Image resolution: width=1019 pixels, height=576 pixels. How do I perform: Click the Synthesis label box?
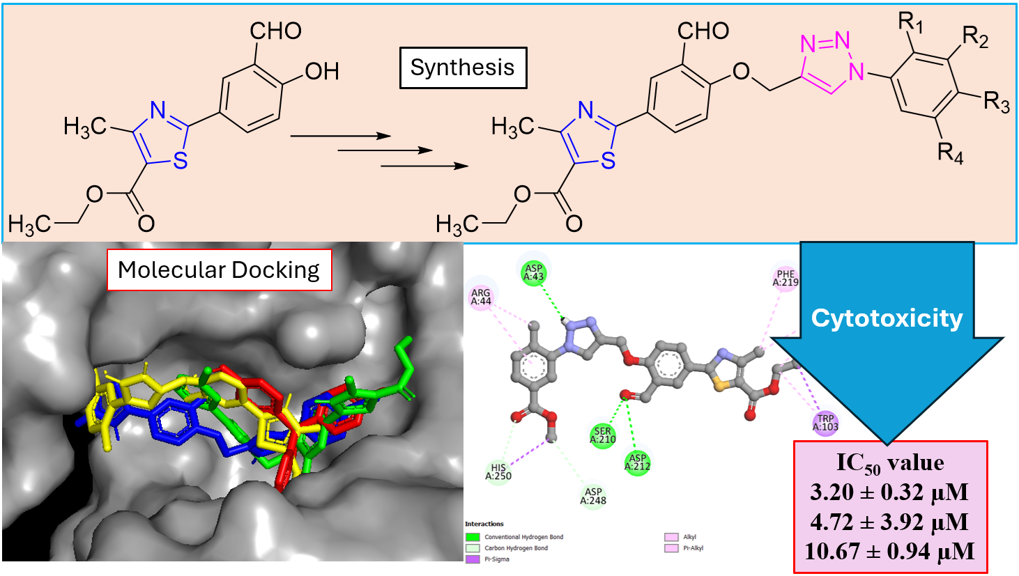[x=462, y=68]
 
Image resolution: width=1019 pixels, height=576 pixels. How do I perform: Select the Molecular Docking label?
[x=219, y=270]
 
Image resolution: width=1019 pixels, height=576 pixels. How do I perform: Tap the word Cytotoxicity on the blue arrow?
[x=887, y=318]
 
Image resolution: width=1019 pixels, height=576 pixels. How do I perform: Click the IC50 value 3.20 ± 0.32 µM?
[x=889, y=492]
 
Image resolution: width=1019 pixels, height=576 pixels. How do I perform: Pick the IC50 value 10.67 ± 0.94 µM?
[x=889, y=552]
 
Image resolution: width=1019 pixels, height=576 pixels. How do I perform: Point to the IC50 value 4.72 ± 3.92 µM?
[x=889, y=522]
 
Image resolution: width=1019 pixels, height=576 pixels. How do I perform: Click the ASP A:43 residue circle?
[x=534, y=272]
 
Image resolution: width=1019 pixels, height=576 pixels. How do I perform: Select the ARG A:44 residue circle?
[x=481, y=297]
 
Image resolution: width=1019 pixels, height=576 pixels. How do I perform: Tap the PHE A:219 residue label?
[x=786, y=279]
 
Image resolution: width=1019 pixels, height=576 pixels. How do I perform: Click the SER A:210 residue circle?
[x=603, y=435]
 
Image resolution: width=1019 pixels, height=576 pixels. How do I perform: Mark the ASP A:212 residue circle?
[x=638, y=462]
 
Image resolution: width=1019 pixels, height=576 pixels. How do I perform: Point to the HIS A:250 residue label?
[x=498, y=472]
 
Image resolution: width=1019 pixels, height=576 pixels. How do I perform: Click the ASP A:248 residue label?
[x=593, y=496]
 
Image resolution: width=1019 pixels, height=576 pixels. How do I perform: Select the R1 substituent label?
[x=911, y=24]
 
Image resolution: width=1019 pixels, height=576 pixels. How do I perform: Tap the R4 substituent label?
[x=950, y=153]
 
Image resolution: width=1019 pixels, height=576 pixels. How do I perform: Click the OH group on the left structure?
[x=321, y=71]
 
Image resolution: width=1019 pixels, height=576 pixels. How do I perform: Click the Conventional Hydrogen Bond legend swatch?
[x=473, y=537]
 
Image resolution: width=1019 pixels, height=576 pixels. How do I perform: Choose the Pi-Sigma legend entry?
[x=496, y=559]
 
